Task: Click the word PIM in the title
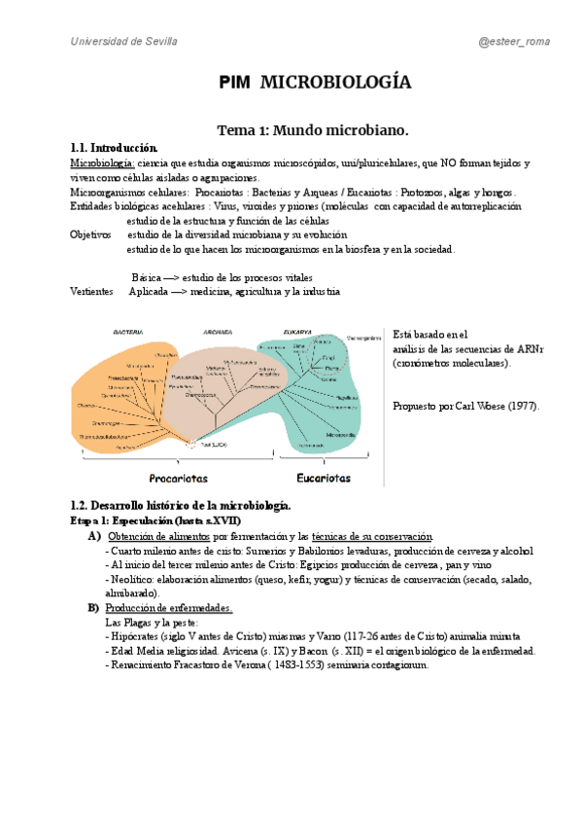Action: pyautogui.click(x=235, y=84)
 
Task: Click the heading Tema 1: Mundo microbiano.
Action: pyautogui.click(x=313, y=129)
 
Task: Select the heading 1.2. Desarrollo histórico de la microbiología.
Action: pyautogui.click(x=181, y=506)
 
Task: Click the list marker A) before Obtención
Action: pyautogui.click(x=94, y=537)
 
